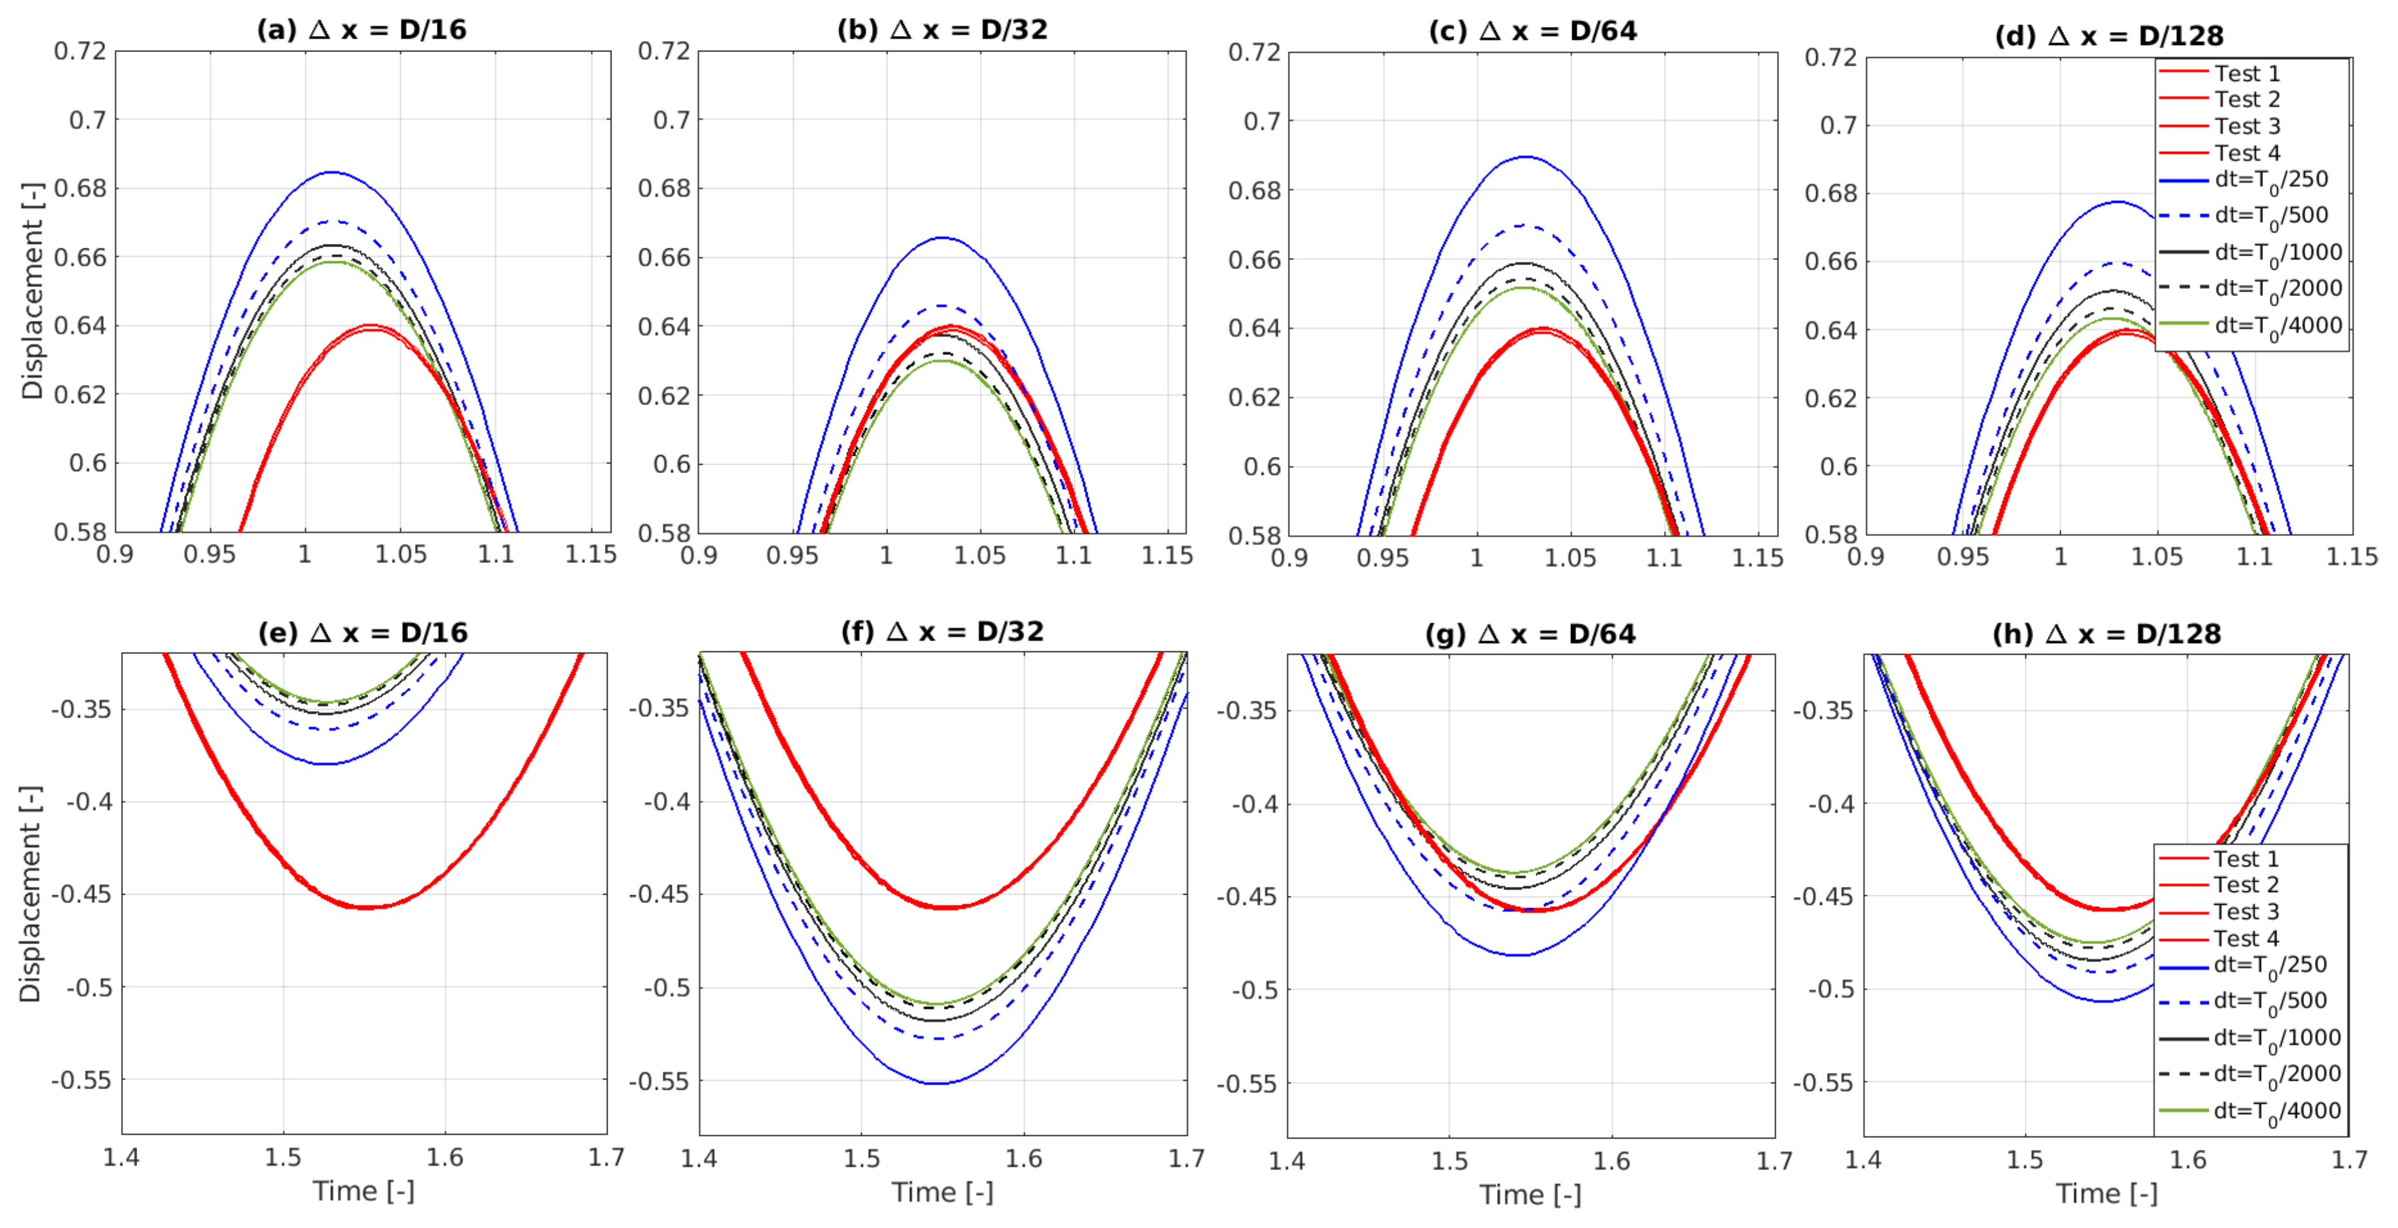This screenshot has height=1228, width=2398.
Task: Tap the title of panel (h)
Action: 2106,634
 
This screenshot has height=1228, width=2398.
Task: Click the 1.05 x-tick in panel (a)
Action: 400,555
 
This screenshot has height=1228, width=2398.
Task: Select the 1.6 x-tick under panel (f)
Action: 1024,1158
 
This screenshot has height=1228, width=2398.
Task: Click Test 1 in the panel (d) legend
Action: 2246,73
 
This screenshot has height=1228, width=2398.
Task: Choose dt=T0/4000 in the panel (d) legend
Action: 2277,325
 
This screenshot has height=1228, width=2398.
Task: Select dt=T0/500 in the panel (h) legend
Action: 2269,1001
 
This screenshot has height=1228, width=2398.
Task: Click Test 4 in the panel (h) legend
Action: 2245,938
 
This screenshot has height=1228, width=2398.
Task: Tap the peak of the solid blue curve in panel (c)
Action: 1525,156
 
